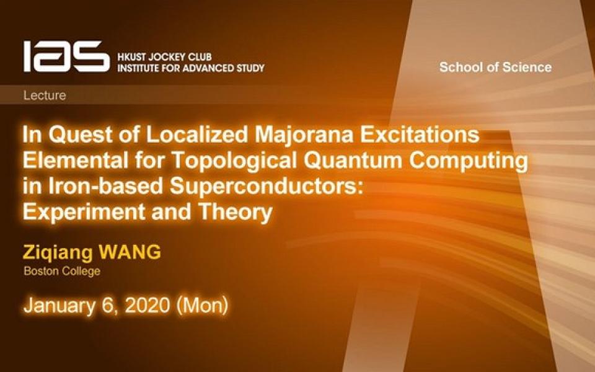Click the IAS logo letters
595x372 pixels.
tap(66, 56)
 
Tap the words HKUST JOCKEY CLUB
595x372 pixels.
tap(164, 57)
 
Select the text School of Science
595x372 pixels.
tap(495, 67)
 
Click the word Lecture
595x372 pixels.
tap(45, 95)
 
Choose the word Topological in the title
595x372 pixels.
tap(234, 161)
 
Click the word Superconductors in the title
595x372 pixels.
tap(264, 186)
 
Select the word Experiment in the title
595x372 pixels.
tap(84, 212)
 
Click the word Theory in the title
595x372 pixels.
tap(236, 212)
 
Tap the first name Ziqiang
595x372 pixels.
tap(58, 253)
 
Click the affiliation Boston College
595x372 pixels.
tap(62, 271)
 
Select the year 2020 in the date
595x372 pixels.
tap(148, 305)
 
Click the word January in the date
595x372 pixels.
tap(59, 306)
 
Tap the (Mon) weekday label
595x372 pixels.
tap(202, 306)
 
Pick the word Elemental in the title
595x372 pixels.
tap(76, 160)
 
